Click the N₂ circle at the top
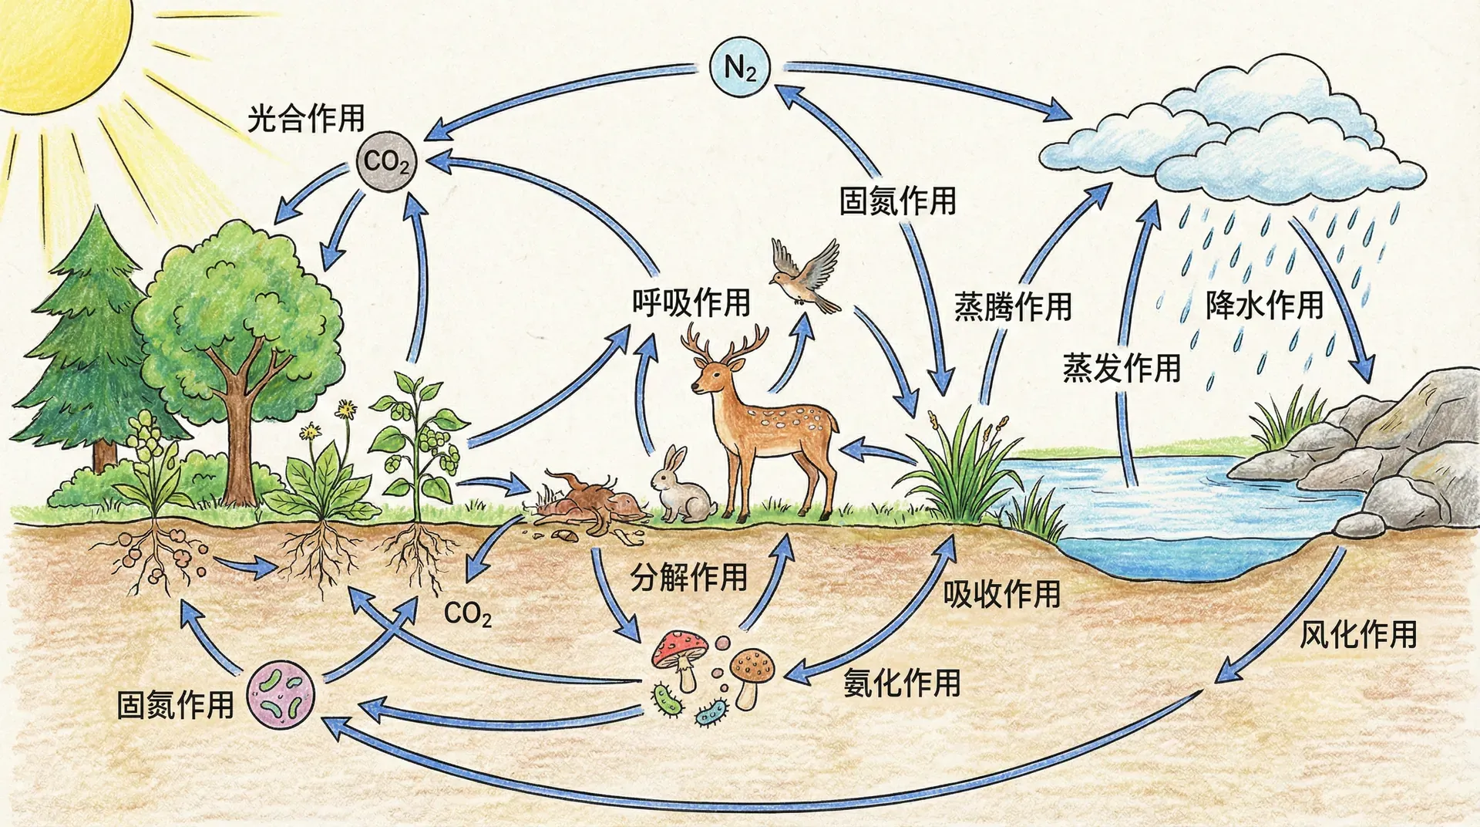[740, 68]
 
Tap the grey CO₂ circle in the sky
[386, 162]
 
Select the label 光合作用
[306, 119]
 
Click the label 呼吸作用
[691, 302]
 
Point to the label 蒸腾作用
[1013, 306]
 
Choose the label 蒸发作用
[1122, 367]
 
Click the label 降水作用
[1265, 305]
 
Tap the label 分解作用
[689, 576]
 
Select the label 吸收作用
[1002, 593]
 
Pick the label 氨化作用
[902, 683]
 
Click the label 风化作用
[1358, 634]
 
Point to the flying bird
[806, 276]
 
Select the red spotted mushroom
[680, 652]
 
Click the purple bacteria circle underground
[281, 694]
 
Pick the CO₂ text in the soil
[468, 614]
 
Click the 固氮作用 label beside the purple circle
[175, 704]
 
